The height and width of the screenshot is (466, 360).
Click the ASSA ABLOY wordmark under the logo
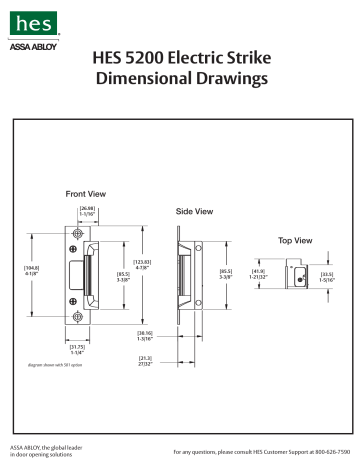pyautogui.click(x=30, y=46)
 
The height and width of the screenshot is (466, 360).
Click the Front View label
pyautogui.click(x=86, y=193)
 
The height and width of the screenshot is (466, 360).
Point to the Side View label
pyautogui.click(x=194, y=212)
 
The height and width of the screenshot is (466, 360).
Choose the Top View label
pyautogui.click(x=295, y=241)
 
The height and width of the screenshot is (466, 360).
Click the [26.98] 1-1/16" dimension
pyautogui.click(x=87, y=210)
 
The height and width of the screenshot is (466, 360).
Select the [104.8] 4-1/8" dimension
pyautogui.click(x=31, y=270)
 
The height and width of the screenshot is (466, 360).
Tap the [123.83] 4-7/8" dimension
pyautogui.click(x=142, y=263)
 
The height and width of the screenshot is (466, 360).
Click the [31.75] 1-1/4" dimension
pyautogui.click(x=78, y=350)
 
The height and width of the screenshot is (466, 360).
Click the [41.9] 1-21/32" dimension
pyautogui.click(x=258, y=273)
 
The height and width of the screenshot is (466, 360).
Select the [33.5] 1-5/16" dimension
pyautogui.click(x=327, y=276)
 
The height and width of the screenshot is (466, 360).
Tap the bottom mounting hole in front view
pyautogui.click(x=78, y=317)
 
